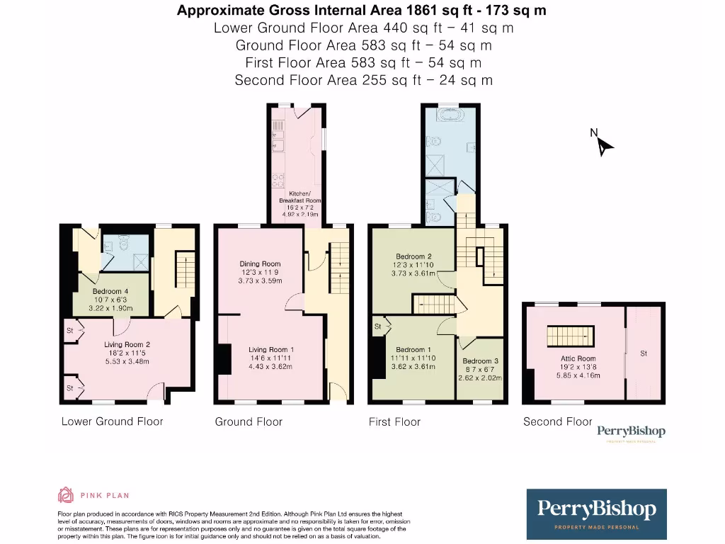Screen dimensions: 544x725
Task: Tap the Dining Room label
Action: pyautogui.click(x=261, y=263)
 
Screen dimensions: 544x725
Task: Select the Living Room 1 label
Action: pyautogui.click(x=271, y=349)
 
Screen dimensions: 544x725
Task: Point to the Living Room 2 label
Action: pyautogui.click(x=127, y=345)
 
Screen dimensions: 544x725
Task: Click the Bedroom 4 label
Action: pyautogui.click(x=110, y=291)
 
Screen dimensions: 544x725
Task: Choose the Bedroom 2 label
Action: pyautogui.click(x=414, y=256)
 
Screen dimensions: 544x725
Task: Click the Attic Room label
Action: pyautogui.click(x=578, y=358)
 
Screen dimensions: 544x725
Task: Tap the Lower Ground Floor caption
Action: pyautogui.click(x=112, y=421)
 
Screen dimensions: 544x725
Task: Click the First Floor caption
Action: pyautogui.click(x=394, y=421)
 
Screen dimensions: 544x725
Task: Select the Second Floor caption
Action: pyautogui.click(x=557, y=421)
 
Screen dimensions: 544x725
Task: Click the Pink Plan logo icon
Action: pyautogui.click(x=66, y=495)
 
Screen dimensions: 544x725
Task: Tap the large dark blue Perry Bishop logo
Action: pyautogui.click(x=596, y=514)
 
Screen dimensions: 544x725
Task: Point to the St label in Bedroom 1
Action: pyautogui.click(x=378, y=327)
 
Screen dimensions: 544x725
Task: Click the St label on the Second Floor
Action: pyautogui.click(x=644, y=353)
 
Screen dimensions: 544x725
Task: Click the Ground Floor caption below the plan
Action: pyautogui.click(x=249, y=421)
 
